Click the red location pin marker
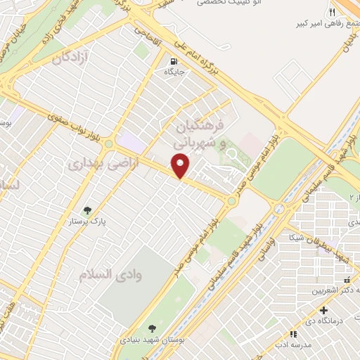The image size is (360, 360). pyautogui.click(x=181, y=165)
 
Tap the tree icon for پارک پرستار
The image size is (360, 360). pyautogui.click(x=87, y=210)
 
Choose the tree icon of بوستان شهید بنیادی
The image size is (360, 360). pyautogui.click(x=153, y=327)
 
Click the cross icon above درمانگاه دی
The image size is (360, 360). pyautogui.click(x=323, y=310)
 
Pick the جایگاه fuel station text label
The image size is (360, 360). pyautogui.click(x=174, y=72)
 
